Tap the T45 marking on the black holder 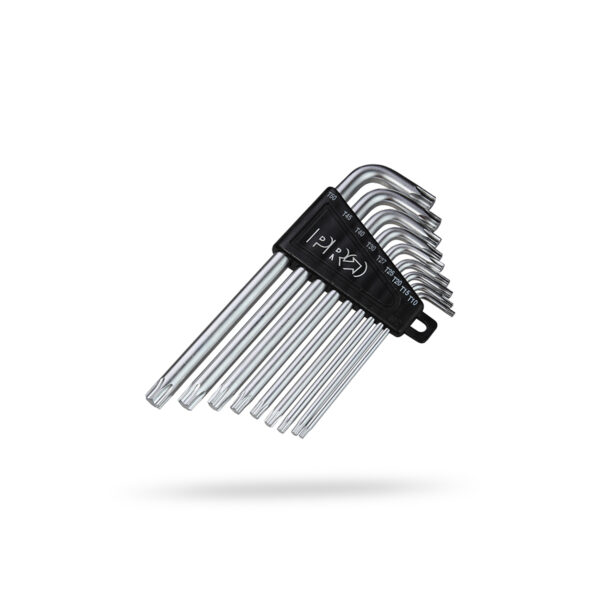pyautogui.click(x=347, y=215)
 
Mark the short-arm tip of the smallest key pyautogui.click(x=451, y=313)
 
